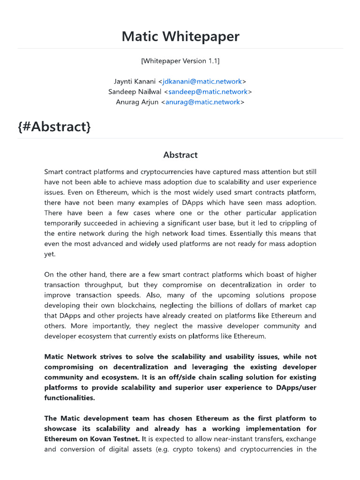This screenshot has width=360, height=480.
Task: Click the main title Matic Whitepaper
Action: [x=180, y=37]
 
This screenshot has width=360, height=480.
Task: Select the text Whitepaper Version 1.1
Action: [x=180, y=61]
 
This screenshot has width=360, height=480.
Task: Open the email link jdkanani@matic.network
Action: [x=202, y=82]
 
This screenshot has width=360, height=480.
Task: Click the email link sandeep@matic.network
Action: [x=208, y=92]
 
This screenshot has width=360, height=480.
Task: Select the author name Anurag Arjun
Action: [x=137, y=102]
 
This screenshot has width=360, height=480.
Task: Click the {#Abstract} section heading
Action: [x=54, y=127]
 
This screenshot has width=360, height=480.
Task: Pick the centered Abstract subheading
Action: [x=180, y=155]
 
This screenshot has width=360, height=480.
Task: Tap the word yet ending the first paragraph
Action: [x=49, y=254]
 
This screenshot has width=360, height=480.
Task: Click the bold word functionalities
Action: [x=69, y=398]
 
